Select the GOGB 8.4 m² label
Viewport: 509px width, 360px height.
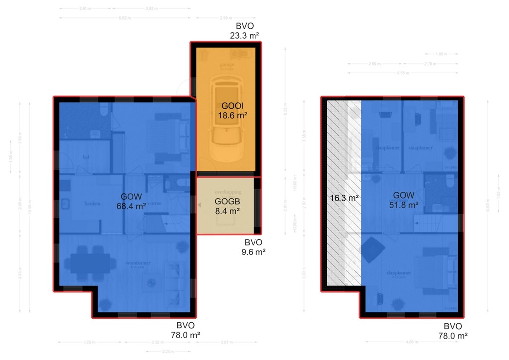(x=227, y=206)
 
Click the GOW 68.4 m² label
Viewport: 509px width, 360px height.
(x=131, y=201)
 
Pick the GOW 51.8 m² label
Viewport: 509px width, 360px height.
(x=403, y=199)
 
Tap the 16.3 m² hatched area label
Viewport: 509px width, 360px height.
(x=344, y=198)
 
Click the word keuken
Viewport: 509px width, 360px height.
(x=93, y=203)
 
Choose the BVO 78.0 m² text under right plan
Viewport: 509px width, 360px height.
(x=452, y=331)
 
